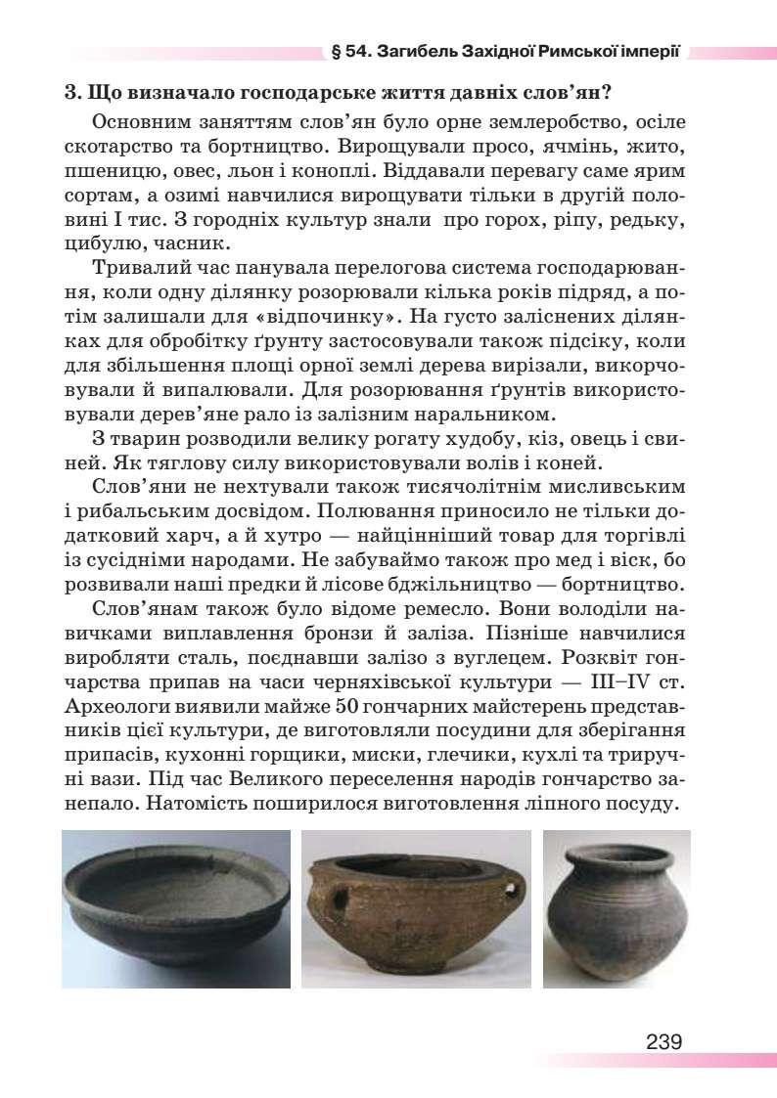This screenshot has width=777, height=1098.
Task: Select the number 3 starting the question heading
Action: click(x=69, y=95)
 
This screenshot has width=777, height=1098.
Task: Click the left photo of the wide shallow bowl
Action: click(x=176, y=908)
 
